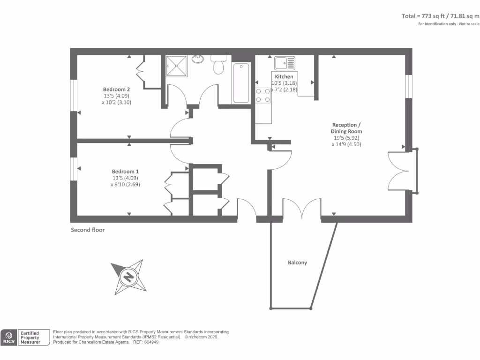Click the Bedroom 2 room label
pyautogui.click(x=116, y=90)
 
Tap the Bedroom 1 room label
pyautogui.click(x=125, y=172)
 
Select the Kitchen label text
pyautogui.click(x=284, y=76)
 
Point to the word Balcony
pyautogui.click(x=297, y=262)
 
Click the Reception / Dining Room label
pyautogui.click(x=346, y=128)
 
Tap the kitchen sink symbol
pyautogui.click(x=285, y=63)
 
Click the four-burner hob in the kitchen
pyautogui.click(x=263, y=95)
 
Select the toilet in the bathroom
pyautogui.click(x=218, y=65)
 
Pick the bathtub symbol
pyautogui.click(x=241, y=82)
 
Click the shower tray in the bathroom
pyautogui.click(x=176, y=66)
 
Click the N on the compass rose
pyautogui.click(x=128, y=277)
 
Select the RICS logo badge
pyautogui.click(x=9, y=337)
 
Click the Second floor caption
pyautogui.click(x=88, y=230)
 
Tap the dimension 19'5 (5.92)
pyautogui.click(x=346, y=138)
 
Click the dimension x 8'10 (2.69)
pyautogui.click(x=125, y=184)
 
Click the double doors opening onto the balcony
pyautogui.click(x=302, y=208)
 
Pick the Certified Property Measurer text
pyautogui.click(x=30, y=337)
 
